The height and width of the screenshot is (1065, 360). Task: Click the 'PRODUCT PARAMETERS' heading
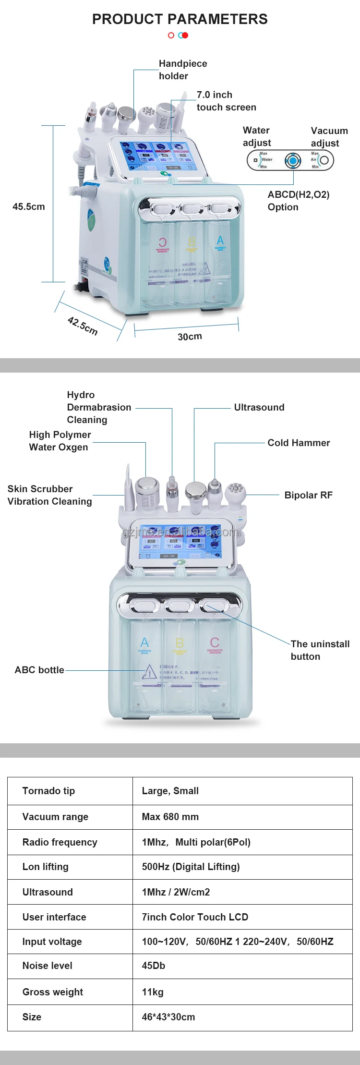(180, 19)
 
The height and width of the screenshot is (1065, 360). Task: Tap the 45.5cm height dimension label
(29, 206)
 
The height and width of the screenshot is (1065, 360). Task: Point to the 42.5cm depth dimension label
(83, 326)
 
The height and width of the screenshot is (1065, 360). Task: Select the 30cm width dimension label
(190, 337)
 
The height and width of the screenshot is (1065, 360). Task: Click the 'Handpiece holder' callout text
(182, 70)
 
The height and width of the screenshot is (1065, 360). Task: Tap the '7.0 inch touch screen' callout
(226, 101)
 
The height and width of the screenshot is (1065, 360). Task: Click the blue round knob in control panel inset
(292, 160)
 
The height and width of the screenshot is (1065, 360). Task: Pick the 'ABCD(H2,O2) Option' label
(298, 201)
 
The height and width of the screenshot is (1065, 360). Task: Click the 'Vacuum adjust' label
(329, 137)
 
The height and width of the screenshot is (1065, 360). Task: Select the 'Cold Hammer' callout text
(299, 443)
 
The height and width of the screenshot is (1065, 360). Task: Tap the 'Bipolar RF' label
(308, 495)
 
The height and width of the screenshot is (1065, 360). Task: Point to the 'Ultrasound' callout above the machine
(259, 407)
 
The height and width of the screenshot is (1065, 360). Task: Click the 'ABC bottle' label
(39, 670)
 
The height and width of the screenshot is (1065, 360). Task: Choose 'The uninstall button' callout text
(320, 650)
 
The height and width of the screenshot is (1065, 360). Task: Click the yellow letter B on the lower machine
(180, 642)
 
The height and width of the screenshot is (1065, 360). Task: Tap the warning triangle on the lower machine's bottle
(149, 671)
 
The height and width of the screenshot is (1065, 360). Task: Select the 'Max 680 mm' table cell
(170, 817)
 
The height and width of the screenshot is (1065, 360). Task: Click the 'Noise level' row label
(47, 966)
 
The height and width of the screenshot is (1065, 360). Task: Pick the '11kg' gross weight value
(153, 992)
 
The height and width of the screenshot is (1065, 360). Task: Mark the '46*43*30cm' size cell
(168, 1017)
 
